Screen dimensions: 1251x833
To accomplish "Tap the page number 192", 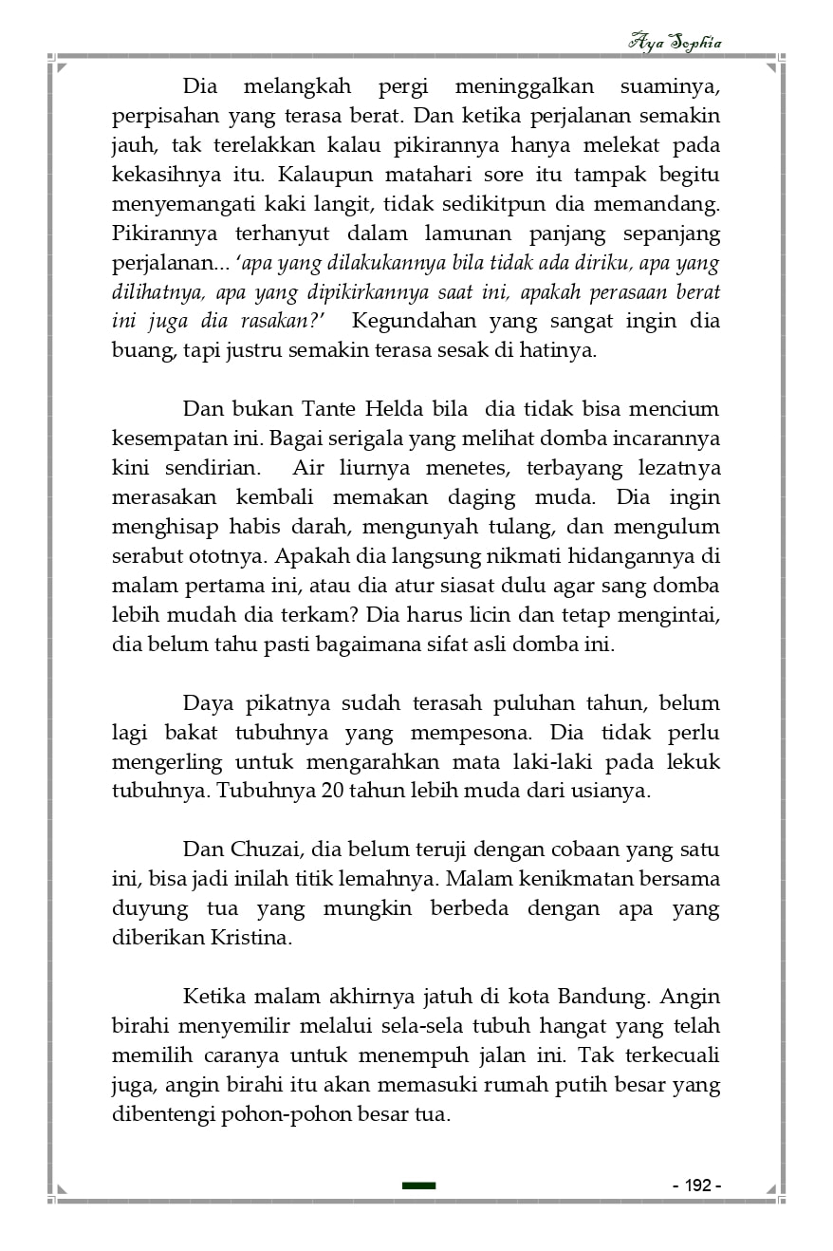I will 697,1186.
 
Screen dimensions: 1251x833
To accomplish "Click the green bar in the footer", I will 418,1186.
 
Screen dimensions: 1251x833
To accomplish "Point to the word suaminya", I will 670,87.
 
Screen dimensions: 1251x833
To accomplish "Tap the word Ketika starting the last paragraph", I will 213,997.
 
